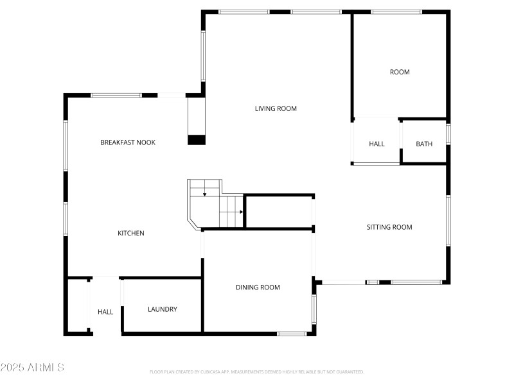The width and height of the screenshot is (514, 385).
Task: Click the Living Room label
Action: click(x=276, y=108)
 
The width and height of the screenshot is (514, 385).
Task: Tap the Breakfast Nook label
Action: click(x=128, y=142)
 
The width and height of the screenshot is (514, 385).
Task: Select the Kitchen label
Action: click(x=130, y=233)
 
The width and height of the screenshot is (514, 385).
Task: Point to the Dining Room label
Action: click(x=258, y=287)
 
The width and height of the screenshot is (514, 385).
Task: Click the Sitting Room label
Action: click(x=389, y=227)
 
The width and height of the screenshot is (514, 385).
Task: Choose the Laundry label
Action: click(x=163, y=309)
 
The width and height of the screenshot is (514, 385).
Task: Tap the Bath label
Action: click(x=424, y=144)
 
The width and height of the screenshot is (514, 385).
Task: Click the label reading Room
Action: click(x=400, y=72)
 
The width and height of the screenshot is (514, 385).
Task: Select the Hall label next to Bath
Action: click(x=377, y=144)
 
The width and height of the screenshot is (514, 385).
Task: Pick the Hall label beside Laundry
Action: click(x=105, y=312)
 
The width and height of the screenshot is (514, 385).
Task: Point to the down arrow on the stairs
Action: click(x=204, y=193)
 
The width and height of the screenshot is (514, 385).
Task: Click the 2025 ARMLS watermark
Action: click(x=32, y=368)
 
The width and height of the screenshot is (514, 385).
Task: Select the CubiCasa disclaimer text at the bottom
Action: click(x=257, y=372)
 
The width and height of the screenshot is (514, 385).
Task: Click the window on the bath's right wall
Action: click(x=448, y=134)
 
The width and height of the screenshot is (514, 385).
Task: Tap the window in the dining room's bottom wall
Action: click(x=292, y=333)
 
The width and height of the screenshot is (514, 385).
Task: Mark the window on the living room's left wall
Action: click(x=203, y=56)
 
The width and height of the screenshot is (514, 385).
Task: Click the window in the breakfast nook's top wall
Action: click(x=116, y=96)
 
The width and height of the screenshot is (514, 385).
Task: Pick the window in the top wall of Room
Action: click(x=396, y=12)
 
